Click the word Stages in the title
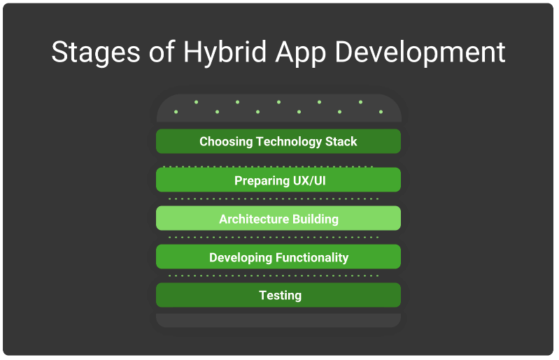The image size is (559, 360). click(96, 52)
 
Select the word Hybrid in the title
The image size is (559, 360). click(225, 52)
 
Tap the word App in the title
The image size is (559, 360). click(301, 52)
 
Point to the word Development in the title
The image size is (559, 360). click(420, 52)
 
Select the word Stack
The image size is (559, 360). click(341, 141)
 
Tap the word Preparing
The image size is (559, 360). click(262, 181)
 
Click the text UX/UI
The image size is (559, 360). click(309, 180)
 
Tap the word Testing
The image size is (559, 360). click(281, 296)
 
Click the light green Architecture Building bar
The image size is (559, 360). click(278, 218)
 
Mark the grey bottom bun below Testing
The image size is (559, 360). click(278, 320)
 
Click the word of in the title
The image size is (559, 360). click(162, 52)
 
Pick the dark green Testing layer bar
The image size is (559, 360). click(278, 295)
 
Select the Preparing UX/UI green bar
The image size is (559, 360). click(278, 180)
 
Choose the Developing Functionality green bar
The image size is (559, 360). click(278, 257)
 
